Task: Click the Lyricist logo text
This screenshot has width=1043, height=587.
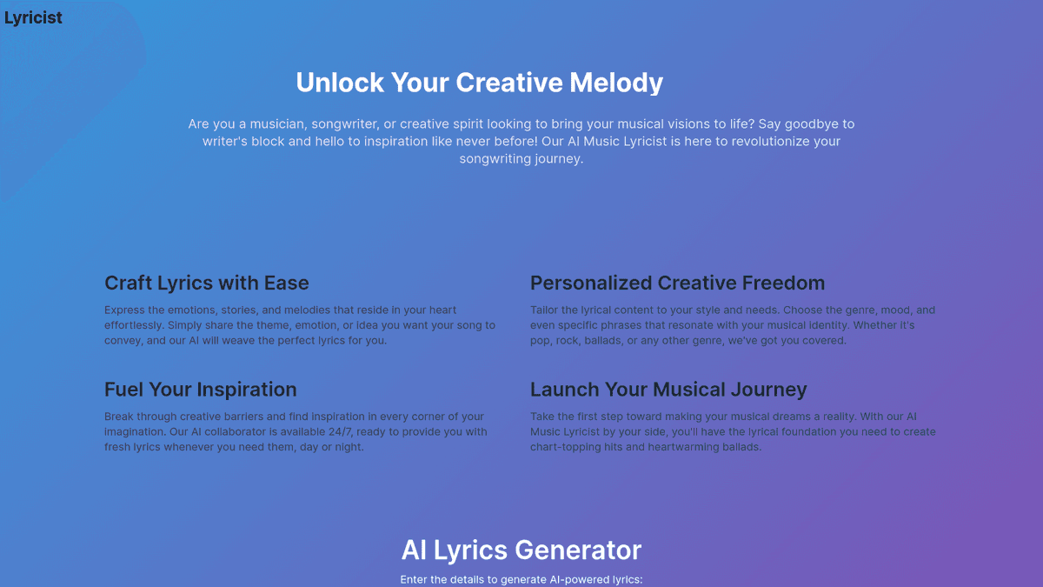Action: [x=33, y=17]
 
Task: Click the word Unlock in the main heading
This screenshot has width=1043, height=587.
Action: [x=340, y=83]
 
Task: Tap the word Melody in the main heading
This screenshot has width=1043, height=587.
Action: [x=616, y=83]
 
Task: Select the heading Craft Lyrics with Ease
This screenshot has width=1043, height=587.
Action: [x=206, y=283]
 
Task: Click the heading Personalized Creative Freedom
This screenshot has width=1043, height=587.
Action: [x=677, y=283]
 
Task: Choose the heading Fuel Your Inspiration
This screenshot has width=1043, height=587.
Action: [x=200, y=390]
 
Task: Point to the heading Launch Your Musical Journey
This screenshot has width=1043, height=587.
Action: [x=668, y=390]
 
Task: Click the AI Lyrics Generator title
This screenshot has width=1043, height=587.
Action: [x=521, y=550]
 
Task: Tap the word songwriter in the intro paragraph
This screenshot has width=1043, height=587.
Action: [x=344, y=123]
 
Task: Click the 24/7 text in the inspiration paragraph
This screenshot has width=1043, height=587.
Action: [x=341, y=432]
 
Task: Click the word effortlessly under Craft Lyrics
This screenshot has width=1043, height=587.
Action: [x=134, y=325]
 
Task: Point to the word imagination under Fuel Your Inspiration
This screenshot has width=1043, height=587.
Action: [x=135, y=432]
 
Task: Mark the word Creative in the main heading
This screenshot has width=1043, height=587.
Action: [x=509, y=83]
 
